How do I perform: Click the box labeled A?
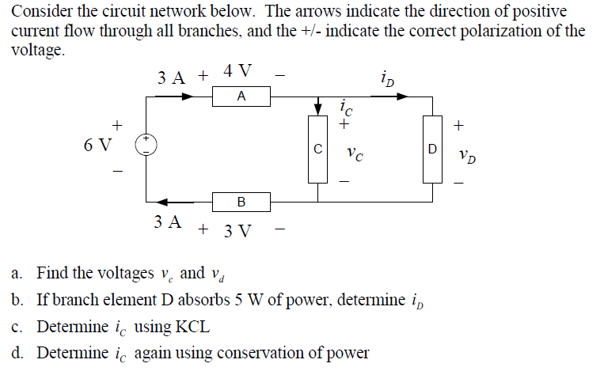[x=241, y=97]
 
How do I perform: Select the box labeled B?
[x=241, y=202]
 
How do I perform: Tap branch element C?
[x=317, y=149]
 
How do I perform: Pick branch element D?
[x=431, y=149]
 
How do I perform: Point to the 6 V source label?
[x=97, y=146]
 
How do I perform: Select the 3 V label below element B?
[x=237, y=231]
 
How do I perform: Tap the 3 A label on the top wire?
[x=172, y=78]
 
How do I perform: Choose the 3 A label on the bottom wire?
[x=169, y=222]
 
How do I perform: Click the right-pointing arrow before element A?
[x=184, y=97]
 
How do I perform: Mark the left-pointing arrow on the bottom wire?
[x=159, y=202]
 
